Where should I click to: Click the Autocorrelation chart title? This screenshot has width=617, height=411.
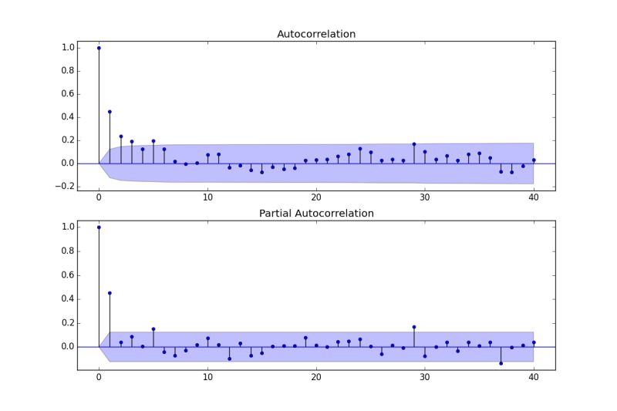click(x=316, y=34)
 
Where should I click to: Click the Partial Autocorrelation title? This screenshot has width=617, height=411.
click(x=316, y=213)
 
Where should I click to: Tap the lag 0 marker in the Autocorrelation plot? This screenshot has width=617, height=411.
click(x=99, y=48)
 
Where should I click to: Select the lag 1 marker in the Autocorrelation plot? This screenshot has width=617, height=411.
click(x=110, y=112)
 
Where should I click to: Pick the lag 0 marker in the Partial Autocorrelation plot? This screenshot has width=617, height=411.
click(x=99, y=227)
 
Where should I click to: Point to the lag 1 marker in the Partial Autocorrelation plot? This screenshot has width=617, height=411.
click(x=110, y=293)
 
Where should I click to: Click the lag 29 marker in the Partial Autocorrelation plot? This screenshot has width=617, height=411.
click(x=414, y=327)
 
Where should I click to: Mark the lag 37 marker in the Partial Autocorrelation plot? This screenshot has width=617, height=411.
click(x=501, y=363)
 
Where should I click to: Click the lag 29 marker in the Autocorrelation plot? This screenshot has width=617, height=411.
click(x=414, y=144)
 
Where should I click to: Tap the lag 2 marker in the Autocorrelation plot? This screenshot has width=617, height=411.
click(x=120, y=136)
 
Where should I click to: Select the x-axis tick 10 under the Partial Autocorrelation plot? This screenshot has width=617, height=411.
click(x=207, y=378)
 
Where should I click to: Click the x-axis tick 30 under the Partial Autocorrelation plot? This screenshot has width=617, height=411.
click(x=425, y=378)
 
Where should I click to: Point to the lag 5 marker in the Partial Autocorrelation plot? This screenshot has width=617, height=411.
click(x=153, y=329)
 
